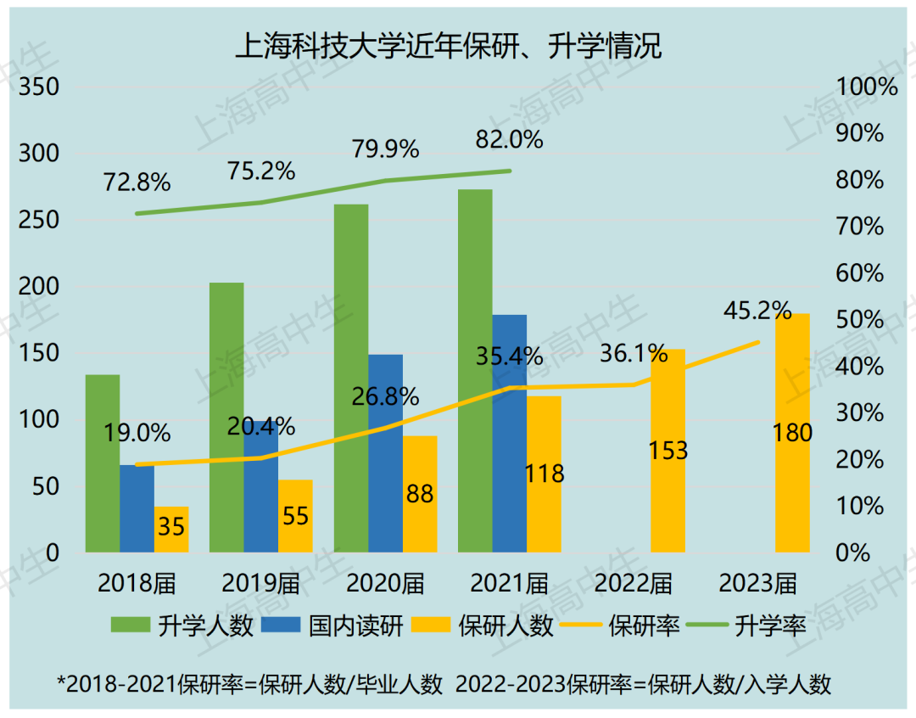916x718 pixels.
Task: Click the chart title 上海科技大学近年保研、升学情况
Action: tap(448, 45)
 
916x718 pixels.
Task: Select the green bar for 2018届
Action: tap(102, 463)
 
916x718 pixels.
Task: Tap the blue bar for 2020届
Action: tap(385, 453)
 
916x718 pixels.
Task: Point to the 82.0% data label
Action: tap(509, 139)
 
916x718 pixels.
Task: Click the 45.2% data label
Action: tap(757, 311)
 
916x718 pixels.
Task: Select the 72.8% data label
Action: tap(137, 182)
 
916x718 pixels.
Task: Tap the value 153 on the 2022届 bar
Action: tap(667, 451)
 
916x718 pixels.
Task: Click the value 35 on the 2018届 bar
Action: tap(171, 527)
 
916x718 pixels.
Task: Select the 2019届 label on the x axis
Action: tap(261, 583)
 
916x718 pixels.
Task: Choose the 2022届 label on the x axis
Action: tap(634, 583)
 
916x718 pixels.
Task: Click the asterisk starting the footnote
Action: tap(61, 684)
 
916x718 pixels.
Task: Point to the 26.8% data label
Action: tap(386, 396)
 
